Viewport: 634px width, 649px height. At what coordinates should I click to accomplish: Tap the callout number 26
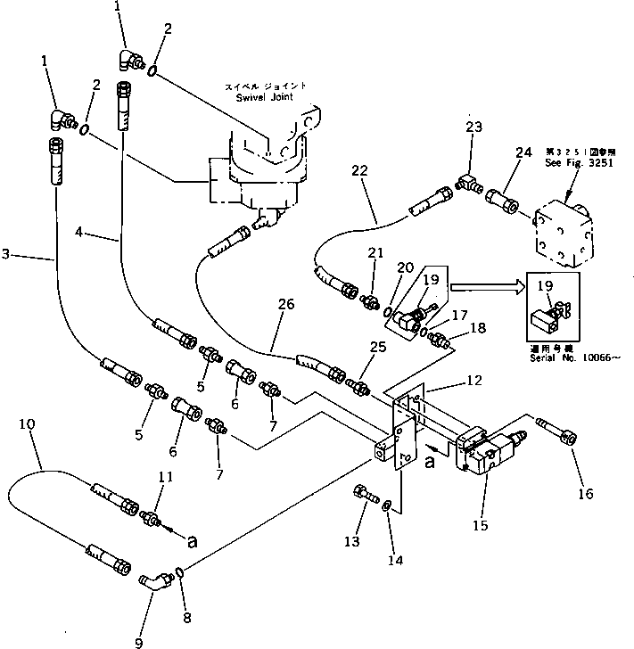tap(284, 304)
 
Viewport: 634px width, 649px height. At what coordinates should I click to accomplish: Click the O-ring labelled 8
tap(180, 571)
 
